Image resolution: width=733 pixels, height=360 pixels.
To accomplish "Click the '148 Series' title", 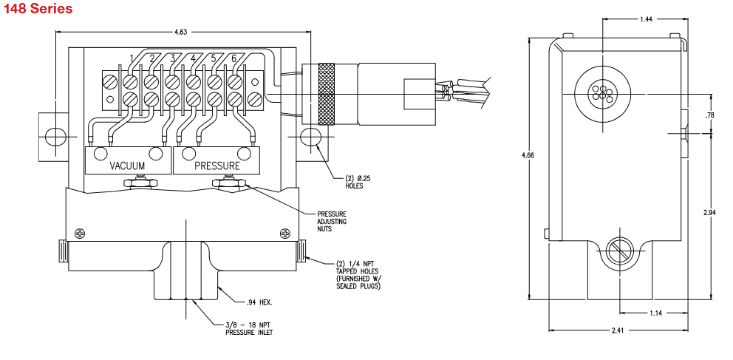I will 38,10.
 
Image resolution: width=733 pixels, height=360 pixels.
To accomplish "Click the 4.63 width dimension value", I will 181,33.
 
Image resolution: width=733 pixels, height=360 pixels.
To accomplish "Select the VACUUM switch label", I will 127,166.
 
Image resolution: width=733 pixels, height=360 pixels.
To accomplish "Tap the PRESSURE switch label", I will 217,166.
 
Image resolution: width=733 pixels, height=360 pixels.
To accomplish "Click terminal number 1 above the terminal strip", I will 132,58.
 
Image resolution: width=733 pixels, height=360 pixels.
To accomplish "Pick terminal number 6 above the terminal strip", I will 234,58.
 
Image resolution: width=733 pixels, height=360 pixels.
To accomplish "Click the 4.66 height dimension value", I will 527,155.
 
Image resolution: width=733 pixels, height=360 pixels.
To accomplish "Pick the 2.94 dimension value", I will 710,212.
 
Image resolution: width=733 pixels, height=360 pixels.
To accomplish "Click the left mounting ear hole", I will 53,137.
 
